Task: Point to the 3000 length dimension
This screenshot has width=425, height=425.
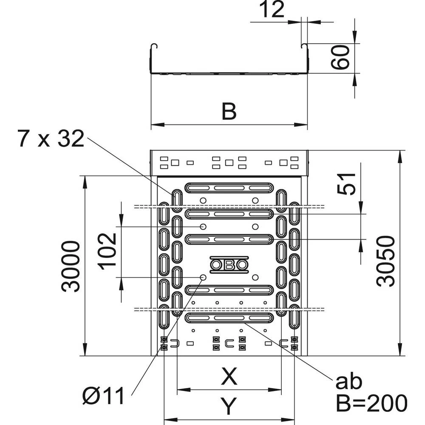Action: click(x=70, y=266)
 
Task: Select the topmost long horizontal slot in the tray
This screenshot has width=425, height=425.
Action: click(x=229, y=187)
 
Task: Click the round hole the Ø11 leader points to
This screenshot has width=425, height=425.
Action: click(x=203, y=278)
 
